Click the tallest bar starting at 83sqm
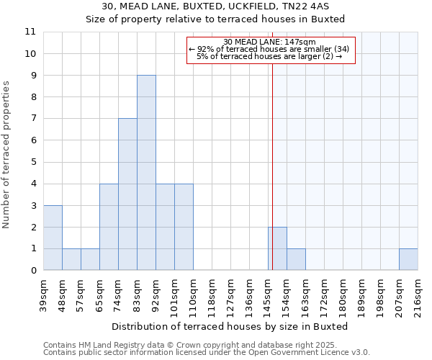[x=146, y=173]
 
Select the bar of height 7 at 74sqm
[x=127, y=194]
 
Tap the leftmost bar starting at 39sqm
[x=53, y=238]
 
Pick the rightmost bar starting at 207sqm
[x=408, y=259]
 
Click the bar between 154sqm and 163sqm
[x=296, y=259]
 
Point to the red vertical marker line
[x=273, y=166]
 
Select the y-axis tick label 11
[x=30, y=32]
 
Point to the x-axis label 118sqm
[x=212, y=295]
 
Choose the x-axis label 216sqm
[x=418, y=295]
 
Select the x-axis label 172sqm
[x=324, y=295]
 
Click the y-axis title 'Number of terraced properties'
[x=7, y=155]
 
